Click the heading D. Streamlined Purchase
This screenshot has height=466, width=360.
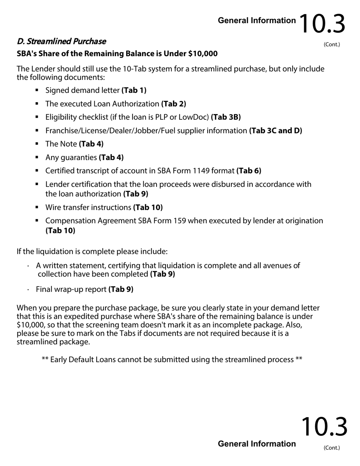pos(61,41)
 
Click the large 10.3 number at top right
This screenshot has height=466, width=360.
pos(322,24)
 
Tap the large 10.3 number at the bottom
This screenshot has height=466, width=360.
pos(324,427)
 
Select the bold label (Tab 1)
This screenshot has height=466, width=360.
pos(134,91)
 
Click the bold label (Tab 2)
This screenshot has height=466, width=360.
pos(174,104)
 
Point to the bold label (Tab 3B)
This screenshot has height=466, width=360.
pos(226,117)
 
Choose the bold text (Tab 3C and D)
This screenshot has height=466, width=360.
pos(275,131)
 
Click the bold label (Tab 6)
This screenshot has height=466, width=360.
pos(249,171)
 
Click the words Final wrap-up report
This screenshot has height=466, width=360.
pos(71,289)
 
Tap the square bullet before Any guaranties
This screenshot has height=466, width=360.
pos(37,157)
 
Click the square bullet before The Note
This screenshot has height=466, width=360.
pos(37,144)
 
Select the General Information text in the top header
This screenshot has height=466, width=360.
pos(257,21)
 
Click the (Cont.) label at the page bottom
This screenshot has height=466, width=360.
pos(332,448)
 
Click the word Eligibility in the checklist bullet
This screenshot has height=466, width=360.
pos(59,117)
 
